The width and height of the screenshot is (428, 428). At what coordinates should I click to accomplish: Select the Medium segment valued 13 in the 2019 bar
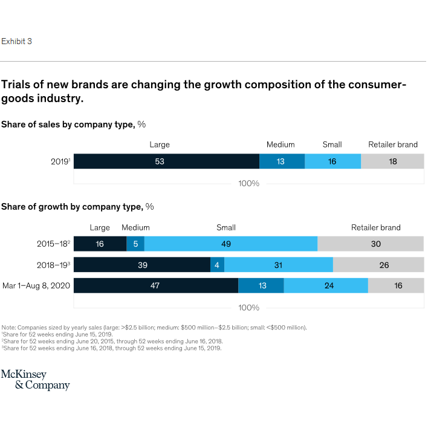282,161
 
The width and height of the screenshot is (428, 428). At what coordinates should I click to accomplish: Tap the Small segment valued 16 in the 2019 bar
332,161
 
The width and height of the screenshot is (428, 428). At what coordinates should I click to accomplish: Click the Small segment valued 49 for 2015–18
231,244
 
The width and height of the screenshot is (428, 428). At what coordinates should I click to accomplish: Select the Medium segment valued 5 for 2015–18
135,244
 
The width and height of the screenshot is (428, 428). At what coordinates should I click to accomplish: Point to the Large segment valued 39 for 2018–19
142,265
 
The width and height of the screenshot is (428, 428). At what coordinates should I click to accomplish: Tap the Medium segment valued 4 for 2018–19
217,265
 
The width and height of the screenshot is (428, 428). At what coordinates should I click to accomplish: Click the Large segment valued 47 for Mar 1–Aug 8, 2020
156,286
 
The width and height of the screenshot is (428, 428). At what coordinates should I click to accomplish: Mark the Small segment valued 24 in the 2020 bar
326,286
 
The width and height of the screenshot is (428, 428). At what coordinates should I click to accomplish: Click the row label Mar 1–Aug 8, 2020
36,286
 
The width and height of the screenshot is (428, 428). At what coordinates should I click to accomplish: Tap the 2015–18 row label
53,244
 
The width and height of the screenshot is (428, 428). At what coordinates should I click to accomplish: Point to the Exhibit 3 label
16,41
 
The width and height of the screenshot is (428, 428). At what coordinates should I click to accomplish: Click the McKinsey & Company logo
35,380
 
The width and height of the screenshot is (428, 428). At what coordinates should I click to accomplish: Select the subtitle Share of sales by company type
73,125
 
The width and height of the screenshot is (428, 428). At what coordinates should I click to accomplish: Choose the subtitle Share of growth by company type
77,207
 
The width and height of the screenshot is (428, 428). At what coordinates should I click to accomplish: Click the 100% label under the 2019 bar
248,183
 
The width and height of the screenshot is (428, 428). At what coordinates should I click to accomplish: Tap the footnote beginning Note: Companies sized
154,327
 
